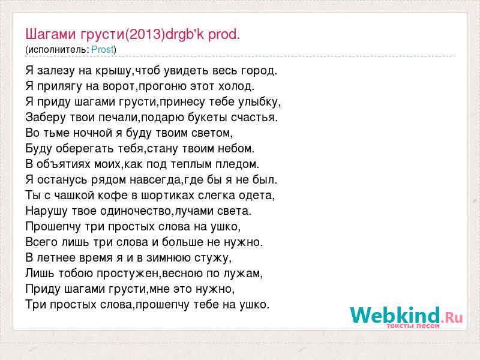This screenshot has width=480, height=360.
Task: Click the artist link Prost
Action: click(103, 50)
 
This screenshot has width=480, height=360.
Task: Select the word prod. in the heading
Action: click(224, 34)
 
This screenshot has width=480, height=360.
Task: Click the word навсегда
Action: click(155, 180)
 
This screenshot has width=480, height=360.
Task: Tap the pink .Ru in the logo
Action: click(452, 318)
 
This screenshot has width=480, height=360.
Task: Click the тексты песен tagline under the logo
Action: click(413, 326)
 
